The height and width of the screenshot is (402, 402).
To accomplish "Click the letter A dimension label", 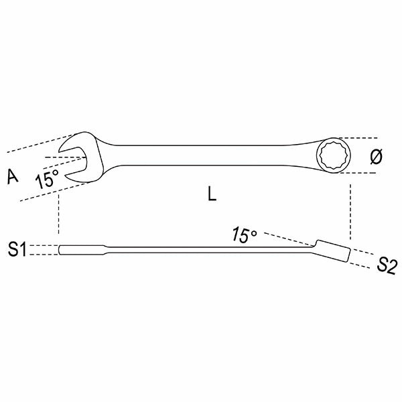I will [11, 176].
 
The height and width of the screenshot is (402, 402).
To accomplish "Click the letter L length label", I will [212, 194].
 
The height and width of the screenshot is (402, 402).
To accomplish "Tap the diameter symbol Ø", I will [376, 156].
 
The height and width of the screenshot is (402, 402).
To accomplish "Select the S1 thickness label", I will [17, 250].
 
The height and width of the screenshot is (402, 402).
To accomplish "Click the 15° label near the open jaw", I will [48, 178].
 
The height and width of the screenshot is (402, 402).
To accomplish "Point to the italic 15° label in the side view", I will [245, 235].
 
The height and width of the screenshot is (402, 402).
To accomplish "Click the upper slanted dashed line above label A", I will [33, 142].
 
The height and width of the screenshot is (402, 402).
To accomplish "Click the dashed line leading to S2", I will [364, 255].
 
